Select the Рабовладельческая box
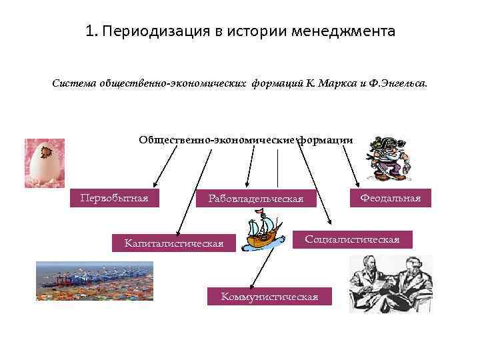(x=255, y=199)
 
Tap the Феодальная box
(x=390, y=198)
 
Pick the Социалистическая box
(x=352, y=239)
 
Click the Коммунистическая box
(x=269, y=296)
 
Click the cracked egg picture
(x=44, y=163)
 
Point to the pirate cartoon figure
(x=386, y=159)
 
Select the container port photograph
(x=94, y=281)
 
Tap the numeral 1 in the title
(x=90, y=31)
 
